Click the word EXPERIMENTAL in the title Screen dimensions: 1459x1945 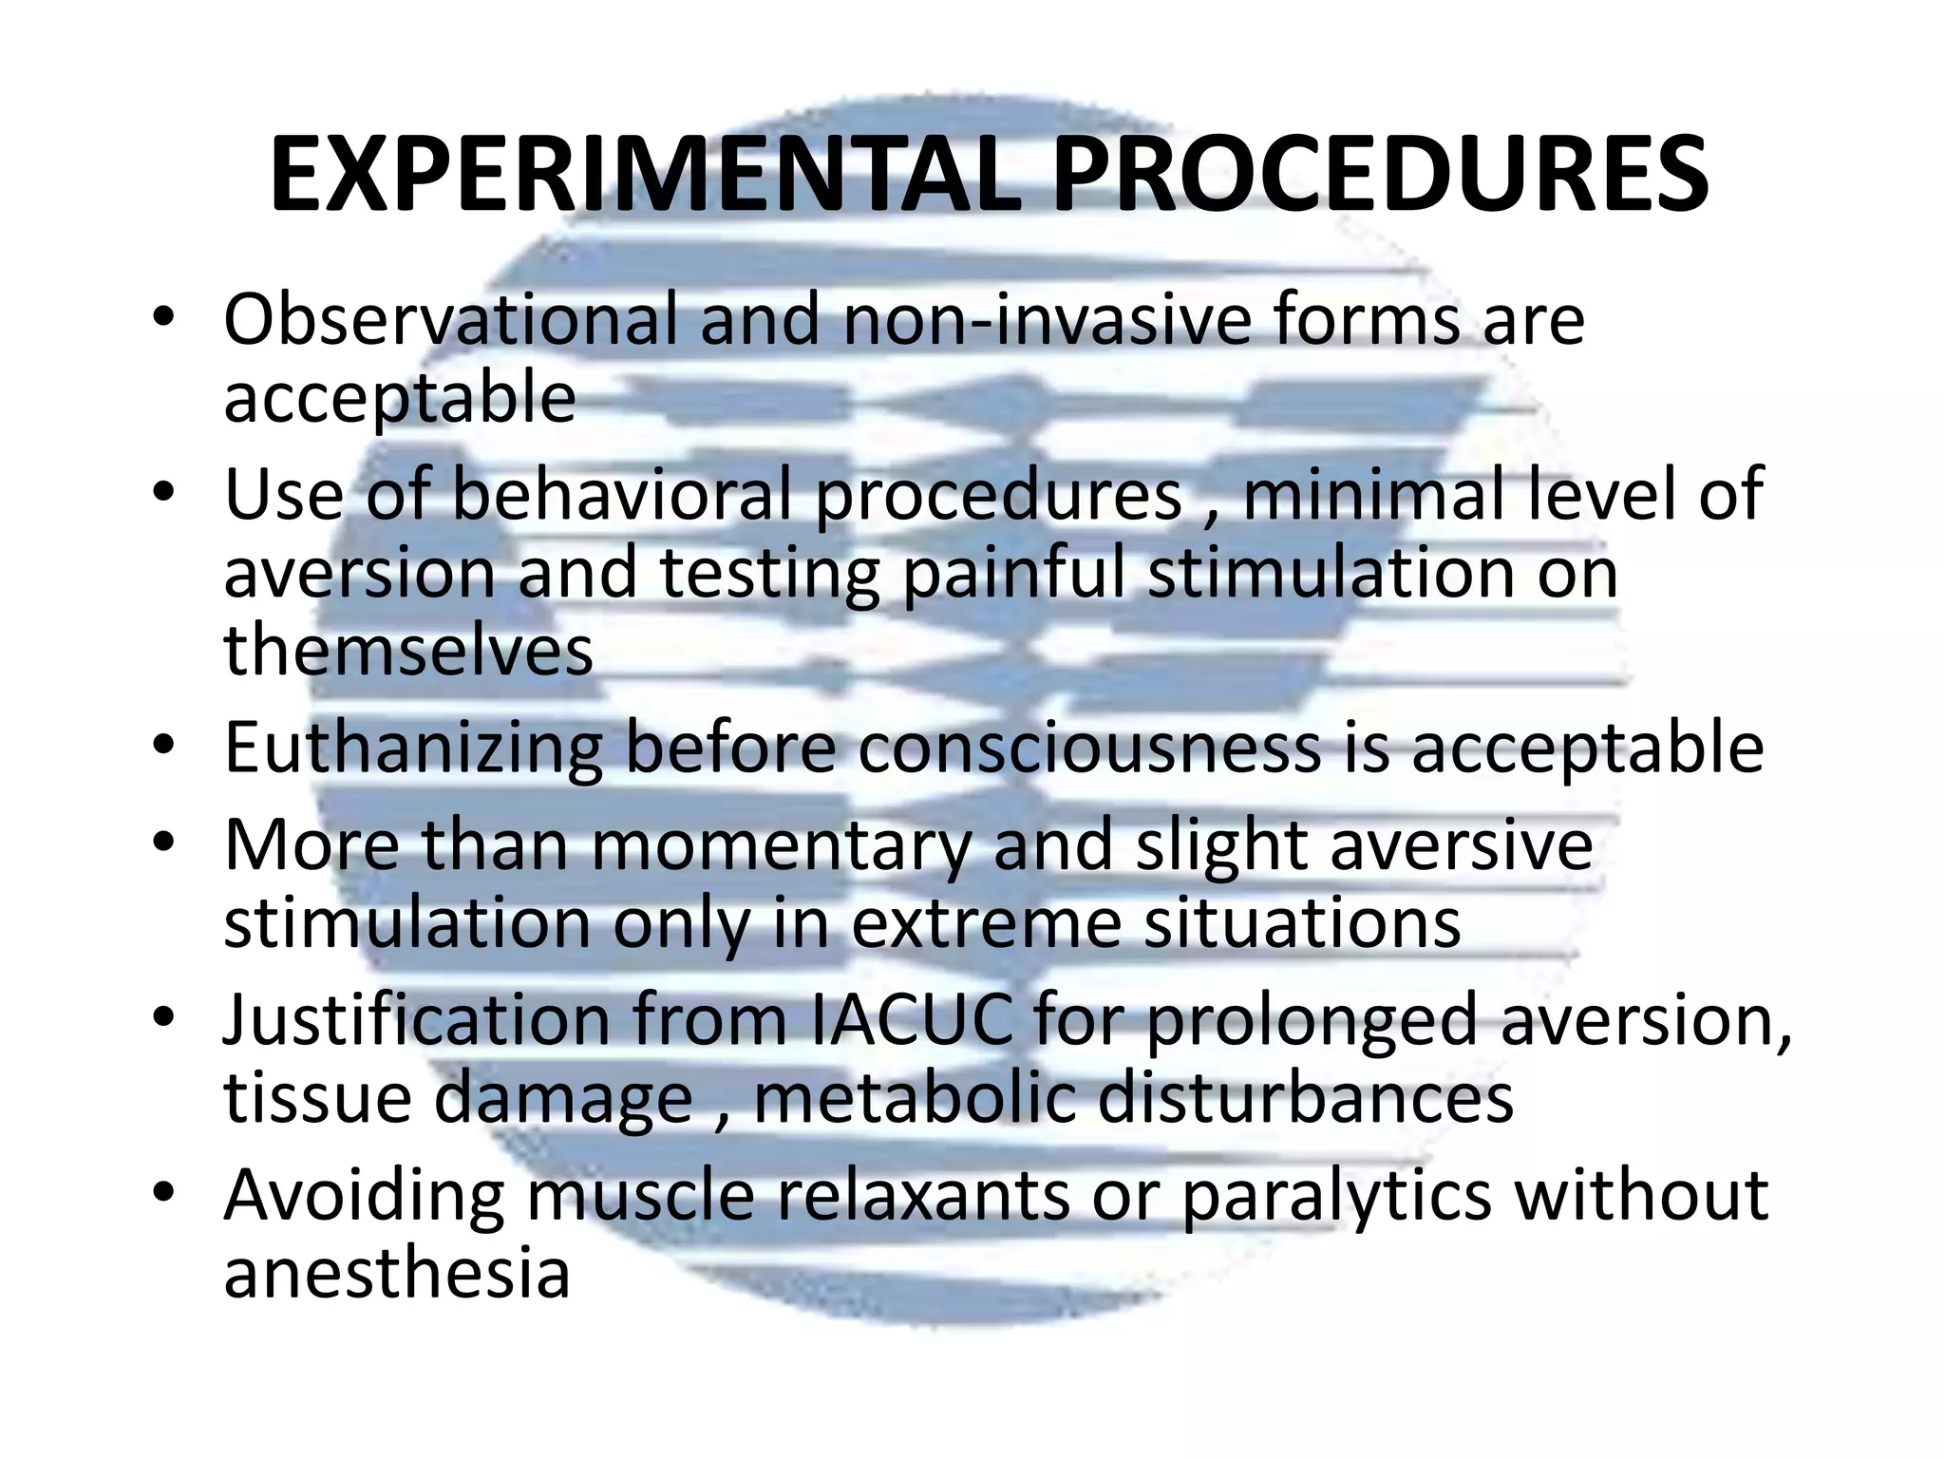(646, 177)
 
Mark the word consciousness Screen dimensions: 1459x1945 (1090, 749)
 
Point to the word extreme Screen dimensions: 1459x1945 (987, 923)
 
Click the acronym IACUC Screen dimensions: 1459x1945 (912, 1020)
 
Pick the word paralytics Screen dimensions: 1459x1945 (1337, 1196)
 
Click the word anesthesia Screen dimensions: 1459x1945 (397, 1274)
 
